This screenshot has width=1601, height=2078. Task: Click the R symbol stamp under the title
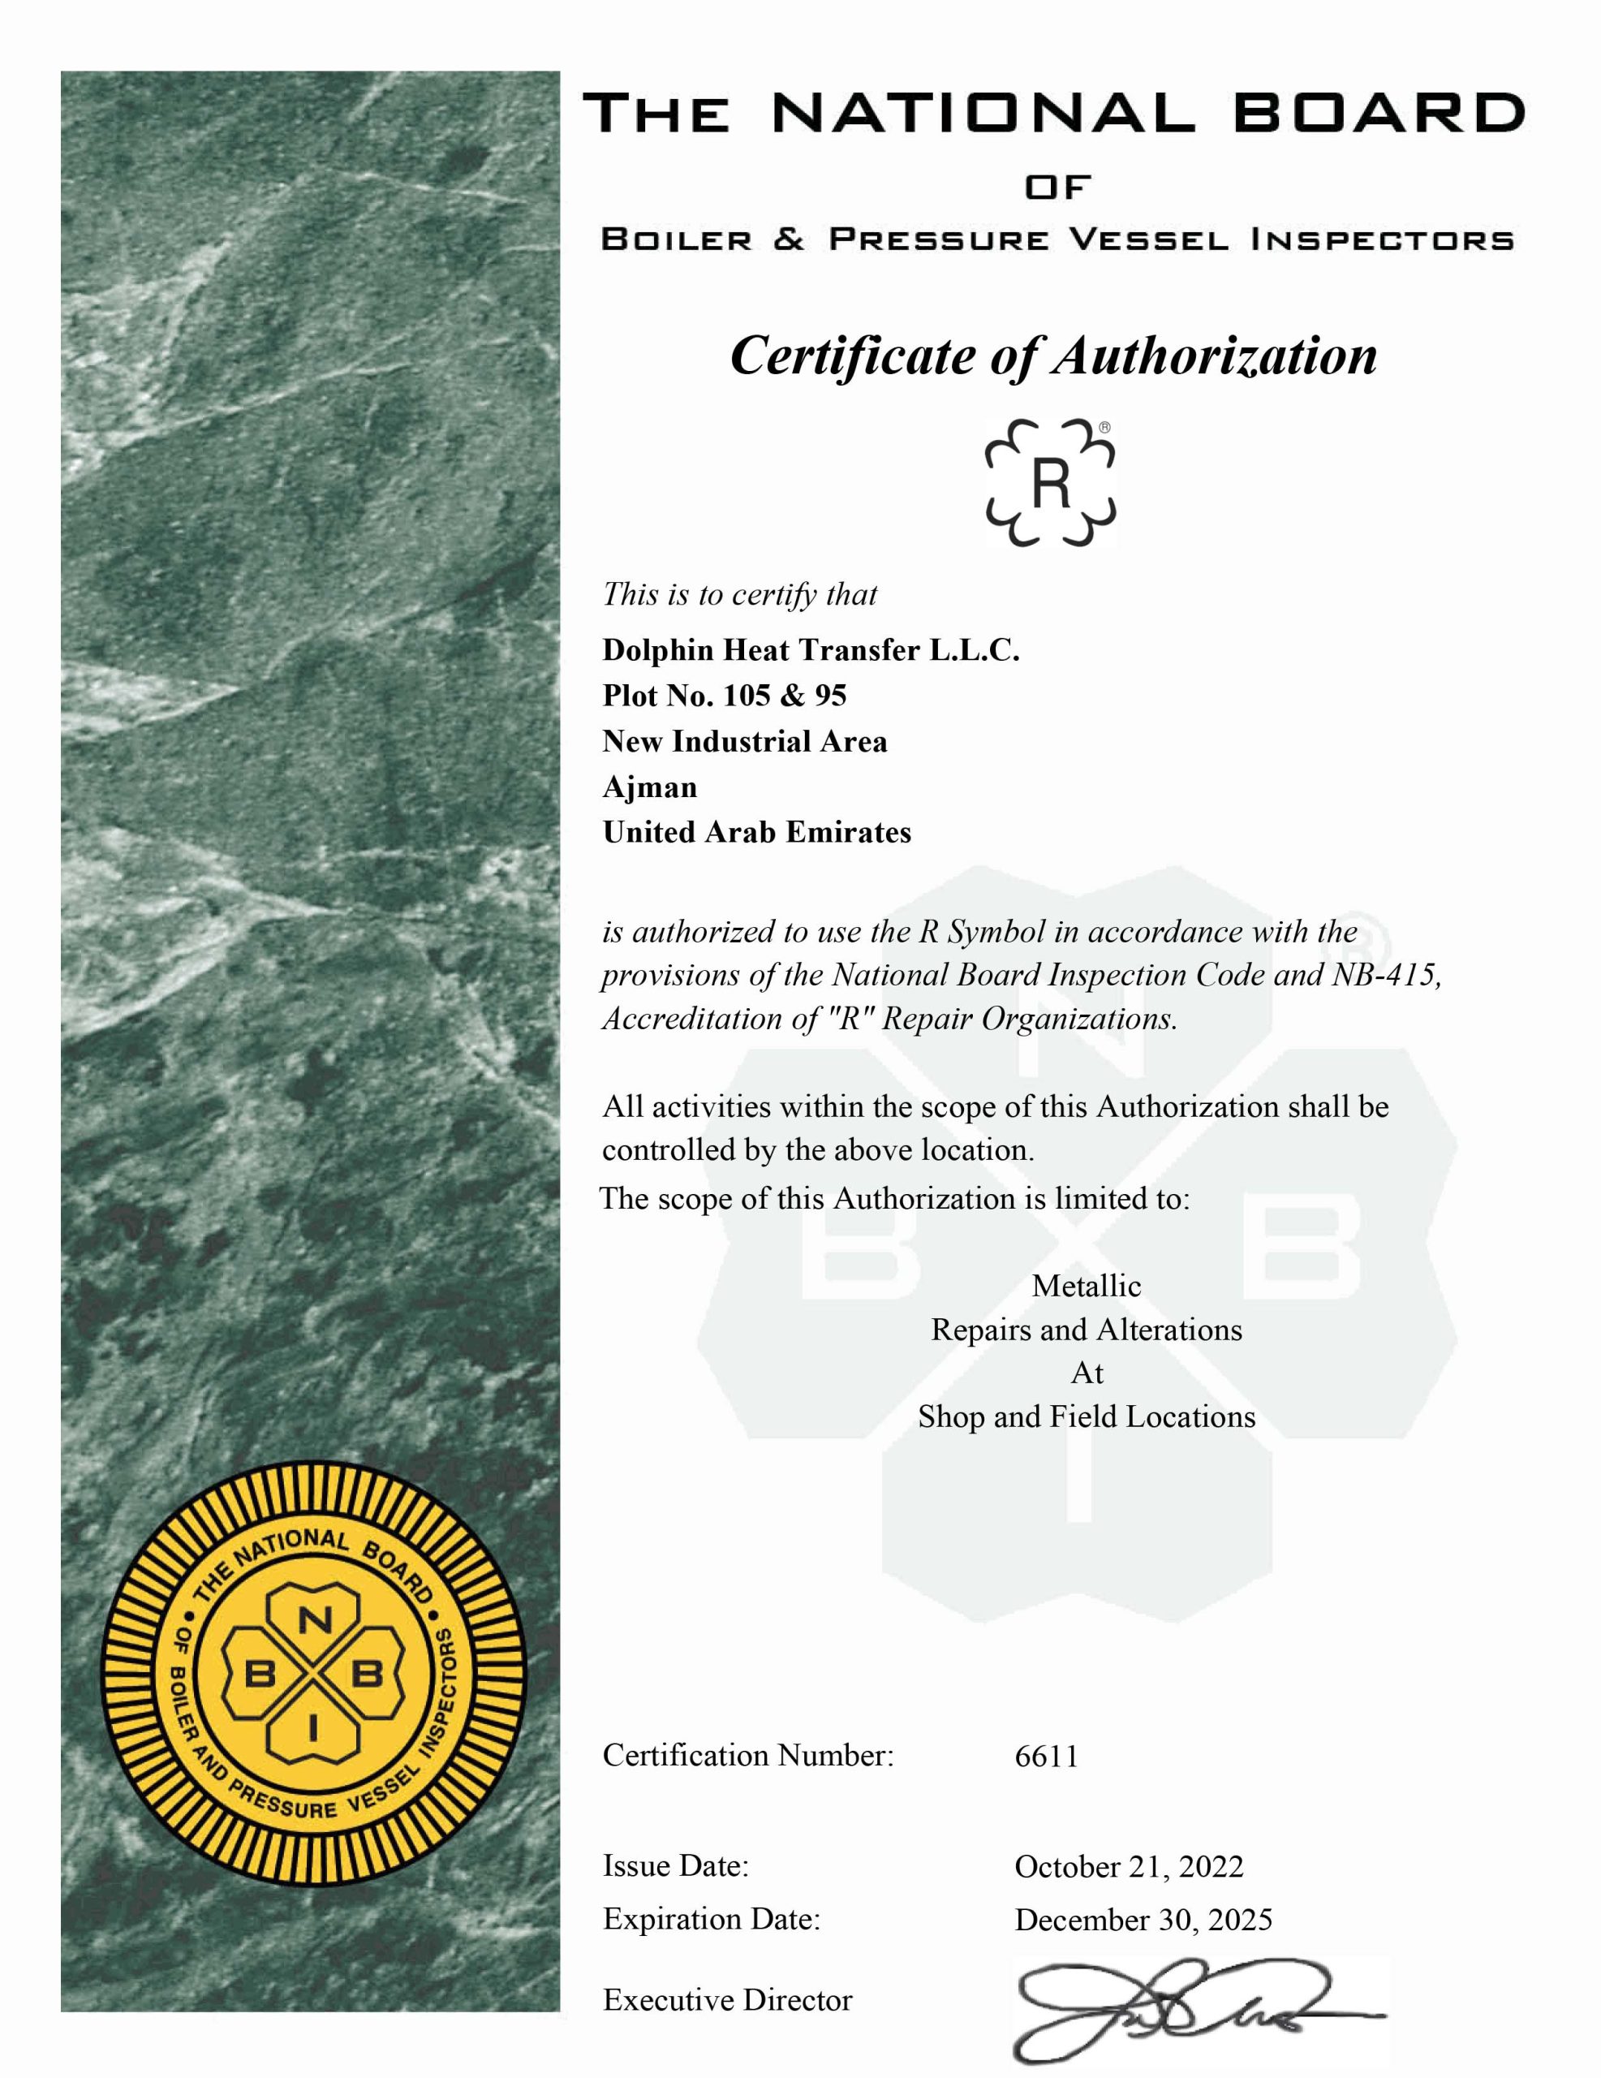[1050, 482]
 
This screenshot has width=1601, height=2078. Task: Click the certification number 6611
[1047, 1756]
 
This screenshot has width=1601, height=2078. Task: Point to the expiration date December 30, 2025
[1143, 1919]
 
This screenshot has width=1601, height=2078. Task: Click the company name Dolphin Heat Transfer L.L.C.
[811, 650]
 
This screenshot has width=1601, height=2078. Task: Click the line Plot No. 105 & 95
[724, 696]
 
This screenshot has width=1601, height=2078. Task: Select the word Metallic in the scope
[1087, 1287]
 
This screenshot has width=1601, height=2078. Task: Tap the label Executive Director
[728, 2000]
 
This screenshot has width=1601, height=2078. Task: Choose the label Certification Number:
[747, 1756]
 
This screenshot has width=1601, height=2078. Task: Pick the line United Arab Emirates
[756, 833]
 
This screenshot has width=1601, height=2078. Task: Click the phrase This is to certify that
[739, 595]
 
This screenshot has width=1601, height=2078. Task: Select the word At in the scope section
[1087, 1373]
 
